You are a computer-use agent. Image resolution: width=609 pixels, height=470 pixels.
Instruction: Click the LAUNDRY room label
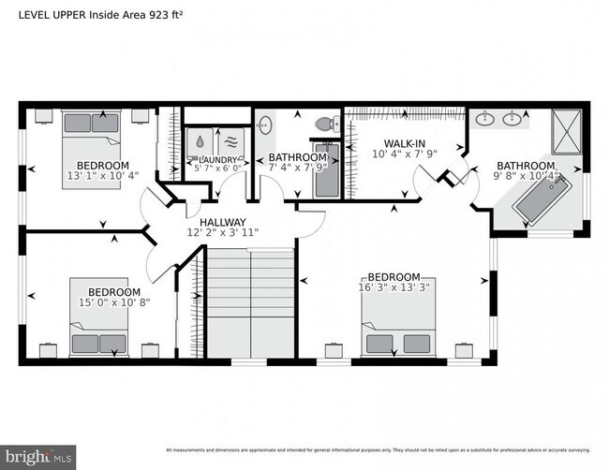[x=216, y=159]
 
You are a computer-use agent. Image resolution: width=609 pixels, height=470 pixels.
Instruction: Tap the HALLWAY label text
[x=223, y=221]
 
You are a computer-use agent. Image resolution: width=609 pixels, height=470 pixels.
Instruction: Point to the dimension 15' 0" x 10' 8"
[x=114, y=303]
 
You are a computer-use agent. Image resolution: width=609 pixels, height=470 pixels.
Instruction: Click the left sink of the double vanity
[x=485, y=119]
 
